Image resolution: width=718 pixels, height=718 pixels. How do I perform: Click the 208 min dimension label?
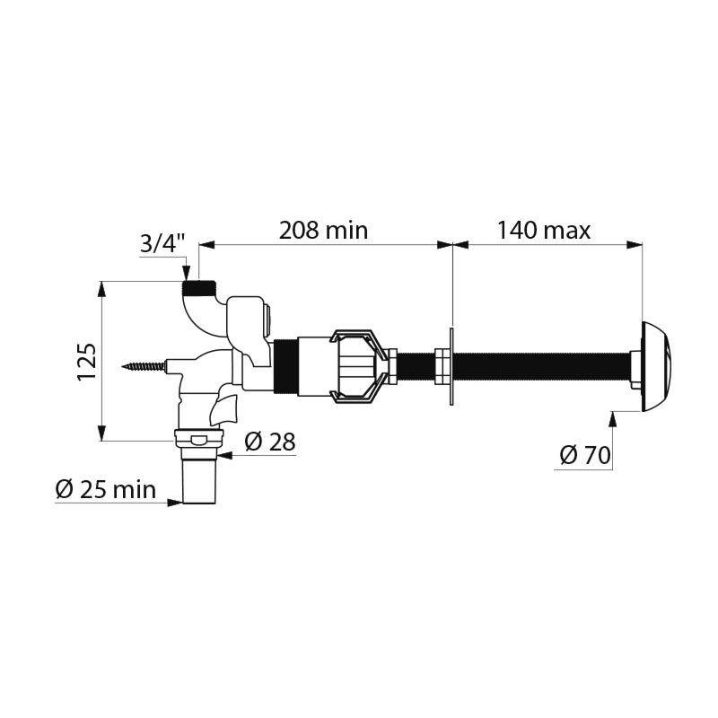tap(324, 230)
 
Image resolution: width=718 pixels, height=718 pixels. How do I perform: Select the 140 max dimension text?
tap(544, 230)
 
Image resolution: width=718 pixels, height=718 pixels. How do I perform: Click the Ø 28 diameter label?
tap(269, 442)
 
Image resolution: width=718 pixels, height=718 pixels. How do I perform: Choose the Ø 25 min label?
tap(105, 490)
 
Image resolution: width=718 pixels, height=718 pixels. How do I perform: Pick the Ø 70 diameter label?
tap(584, 455)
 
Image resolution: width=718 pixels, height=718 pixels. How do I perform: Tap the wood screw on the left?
tap(148, 366)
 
